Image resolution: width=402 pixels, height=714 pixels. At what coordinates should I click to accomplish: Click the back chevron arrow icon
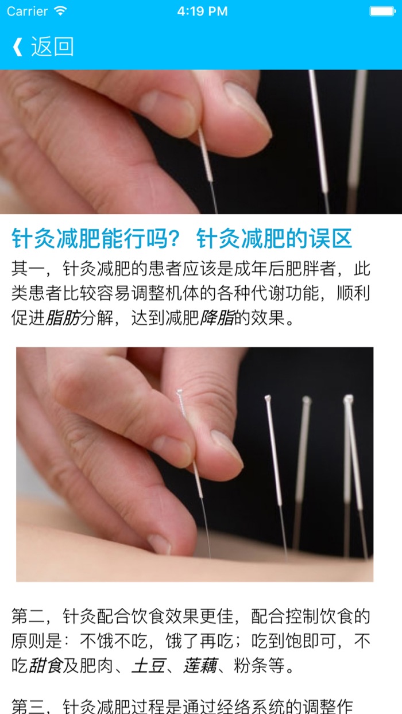17,46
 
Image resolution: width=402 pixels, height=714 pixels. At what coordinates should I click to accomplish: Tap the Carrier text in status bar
27,11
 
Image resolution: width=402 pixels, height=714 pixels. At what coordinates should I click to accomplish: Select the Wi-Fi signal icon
60,11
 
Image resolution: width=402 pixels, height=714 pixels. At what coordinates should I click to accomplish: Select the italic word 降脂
217,317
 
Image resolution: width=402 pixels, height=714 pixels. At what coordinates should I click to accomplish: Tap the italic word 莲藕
200,666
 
